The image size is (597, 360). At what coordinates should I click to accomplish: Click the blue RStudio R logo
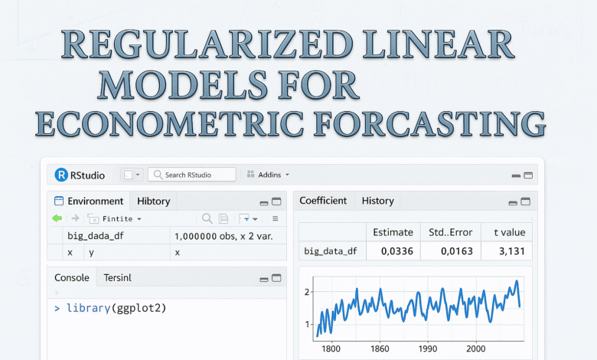(61, 175)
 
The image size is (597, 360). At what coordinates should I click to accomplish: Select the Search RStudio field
(191, 175)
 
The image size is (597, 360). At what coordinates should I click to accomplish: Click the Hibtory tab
(154, 201)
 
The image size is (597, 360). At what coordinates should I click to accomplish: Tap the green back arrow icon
(57, 218)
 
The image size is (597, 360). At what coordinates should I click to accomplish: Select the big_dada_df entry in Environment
(95, 236)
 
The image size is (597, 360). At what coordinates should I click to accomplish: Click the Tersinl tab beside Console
(118, 278)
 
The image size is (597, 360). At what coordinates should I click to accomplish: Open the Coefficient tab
(323, 201)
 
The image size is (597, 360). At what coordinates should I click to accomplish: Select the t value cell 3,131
(507, 250)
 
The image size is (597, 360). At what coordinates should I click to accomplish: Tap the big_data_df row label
(331, 250)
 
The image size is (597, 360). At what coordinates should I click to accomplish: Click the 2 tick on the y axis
(307, 292)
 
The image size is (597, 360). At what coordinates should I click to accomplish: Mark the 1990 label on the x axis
(429, 349)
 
